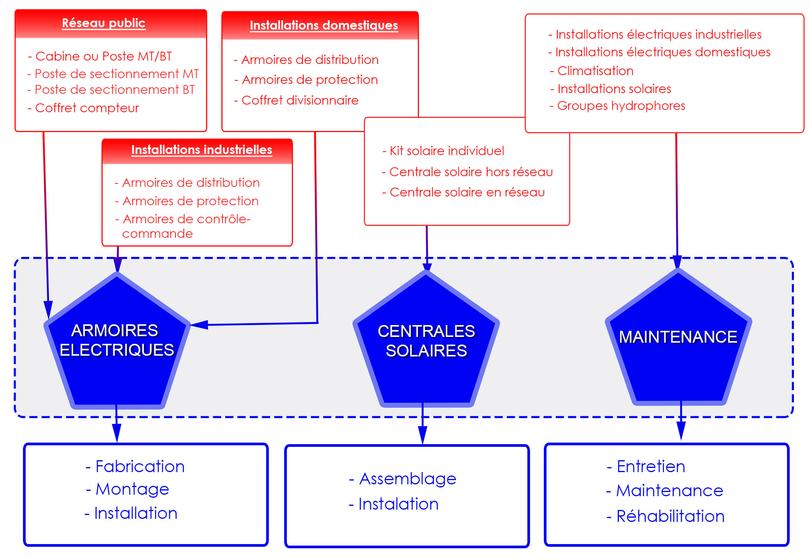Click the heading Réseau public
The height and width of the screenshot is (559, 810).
(x=103, y=23)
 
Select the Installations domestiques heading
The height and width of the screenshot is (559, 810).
(x=324, y=25)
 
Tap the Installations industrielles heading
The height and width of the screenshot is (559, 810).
(x=201, y=150)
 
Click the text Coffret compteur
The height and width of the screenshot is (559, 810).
(x=87, y=108)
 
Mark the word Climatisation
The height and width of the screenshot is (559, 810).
(x=595, y=71)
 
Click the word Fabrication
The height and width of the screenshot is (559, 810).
(x=140, y=466)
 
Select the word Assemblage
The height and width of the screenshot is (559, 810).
(x=407, y=479)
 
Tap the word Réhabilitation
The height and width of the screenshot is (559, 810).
(x=670, y=516)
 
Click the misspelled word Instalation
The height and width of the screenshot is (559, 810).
(x=398, y=504)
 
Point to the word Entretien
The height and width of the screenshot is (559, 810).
(x=651, y=466)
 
